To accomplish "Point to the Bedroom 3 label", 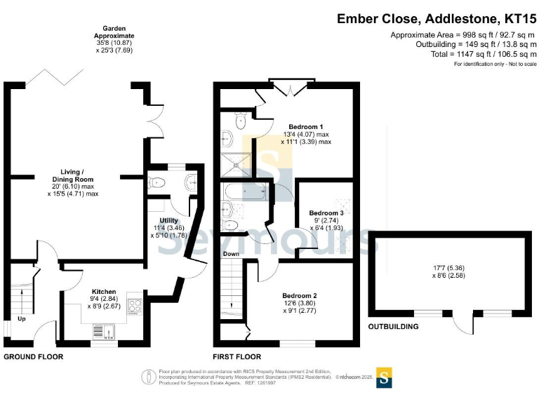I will point(326,213).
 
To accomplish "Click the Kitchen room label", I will point(104,291).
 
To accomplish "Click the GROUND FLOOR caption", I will point(33,357).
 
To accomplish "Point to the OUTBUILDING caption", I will point(394,327).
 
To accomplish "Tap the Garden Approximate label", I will point(115,32).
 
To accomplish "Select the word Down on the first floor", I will point(232,254).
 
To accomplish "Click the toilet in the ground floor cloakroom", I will point(157,183).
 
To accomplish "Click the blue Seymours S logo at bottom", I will point(385,377).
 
